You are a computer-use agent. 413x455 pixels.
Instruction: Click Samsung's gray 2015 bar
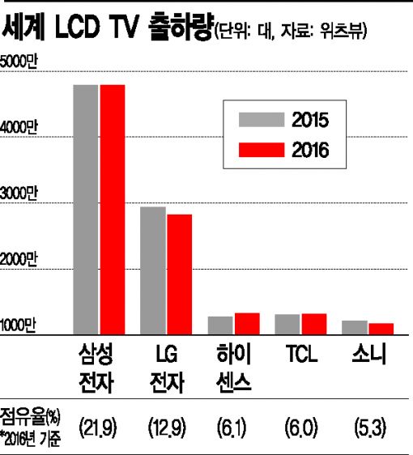click(x=86, y=210)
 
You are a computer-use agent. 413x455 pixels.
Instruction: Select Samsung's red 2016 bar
click(x=113, y=210)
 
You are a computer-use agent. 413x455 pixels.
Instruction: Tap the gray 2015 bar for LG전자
click(x=153, y=270)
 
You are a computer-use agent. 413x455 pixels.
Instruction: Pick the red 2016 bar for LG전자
click(x=179, y=274)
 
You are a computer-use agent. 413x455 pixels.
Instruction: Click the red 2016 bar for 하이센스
click(x=247, y=324)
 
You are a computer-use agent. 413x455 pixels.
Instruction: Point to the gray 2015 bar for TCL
click(x=287, y=325)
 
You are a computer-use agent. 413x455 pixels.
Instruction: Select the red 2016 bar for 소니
click(x=381, y=329)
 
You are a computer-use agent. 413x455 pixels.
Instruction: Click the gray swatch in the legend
click(x=262, y=120)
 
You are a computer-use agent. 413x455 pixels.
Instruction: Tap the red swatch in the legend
click(x=262, y=150)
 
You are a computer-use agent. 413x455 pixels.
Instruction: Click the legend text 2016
click(x=310, y=150)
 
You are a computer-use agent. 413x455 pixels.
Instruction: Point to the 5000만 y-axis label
click(x=19, y=62)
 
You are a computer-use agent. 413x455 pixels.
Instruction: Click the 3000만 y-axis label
click(x=19, y=193)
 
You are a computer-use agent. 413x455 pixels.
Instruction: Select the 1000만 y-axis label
click(x=18, y=325)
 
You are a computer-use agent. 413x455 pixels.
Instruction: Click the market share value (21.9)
click(x=98, y=427)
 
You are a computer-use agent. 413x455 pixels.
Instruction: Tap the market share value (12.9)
click(x=167, y=427)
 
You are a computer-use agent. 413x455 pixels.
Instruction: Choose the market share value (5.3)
click(x=370, y=427)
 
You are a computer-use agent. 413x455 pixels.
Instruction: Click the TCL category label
click(x=301, y=354)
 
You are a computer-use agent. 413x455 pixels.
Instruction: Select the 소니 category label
click(x=369, y=354)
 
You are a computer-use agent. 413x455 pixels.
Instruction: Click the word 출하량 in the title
click(x=181, y=27)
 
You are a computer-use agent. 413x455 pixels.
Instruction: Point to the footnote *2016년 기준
click(x=30, y=440)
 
